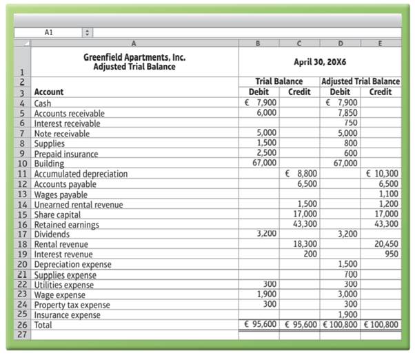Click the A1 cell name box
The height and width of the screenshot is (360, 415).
click(x=48, y=32)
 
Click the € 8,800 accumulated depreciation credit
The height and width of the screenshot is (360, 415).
click(x=301, y=174)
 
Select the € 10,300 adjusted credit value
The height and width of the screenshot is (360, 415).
click(x=383, y=174)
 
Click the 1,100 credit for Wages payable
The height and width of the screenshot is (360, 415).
click(x=389, y=194)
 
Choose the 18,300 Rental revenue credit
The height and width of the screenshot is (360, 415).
click(x=304, y=244)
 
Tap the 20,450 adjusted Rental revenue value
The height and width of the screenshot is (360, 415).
click(x=386, y=244)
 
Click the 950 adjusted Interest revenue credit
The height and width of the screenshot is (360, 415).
click(x=392, y=254)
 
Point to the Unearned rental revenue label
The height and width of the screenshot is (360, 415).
click(x=79, y=204)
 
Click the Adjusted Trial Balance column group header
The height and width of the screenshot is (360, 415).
click(x=361, y=81)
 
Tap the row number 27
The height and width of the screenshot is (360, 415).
click(x=23, y=334)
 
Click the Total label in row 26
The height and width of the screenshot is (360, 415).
click(x=44, y=324)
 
